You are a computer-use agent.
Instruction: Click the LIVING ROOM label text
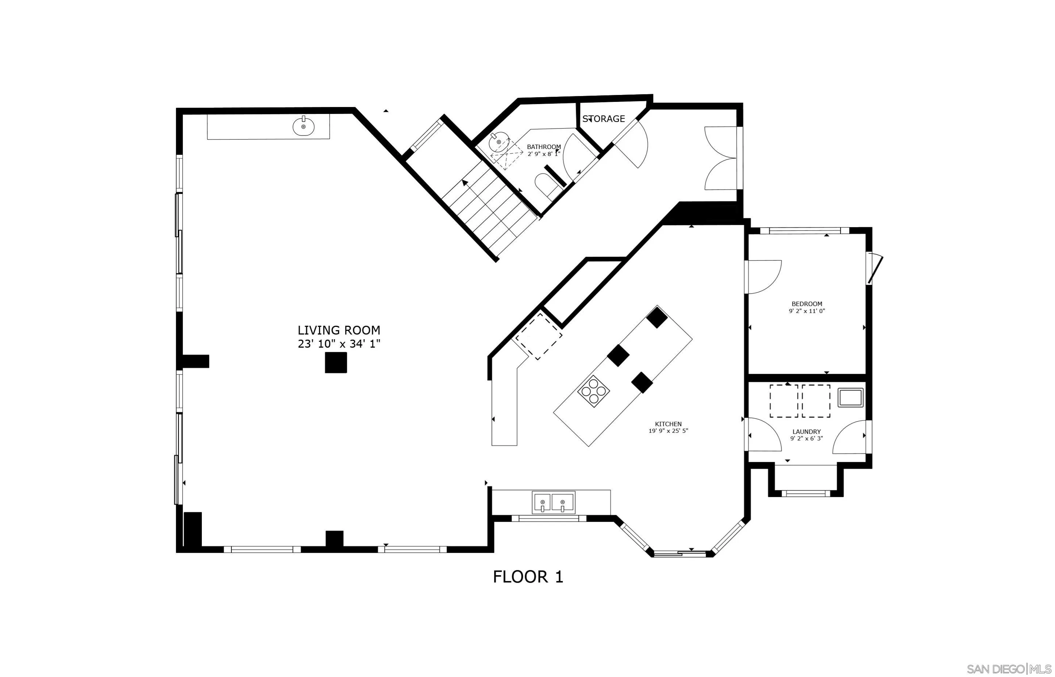click(x=339, y=330)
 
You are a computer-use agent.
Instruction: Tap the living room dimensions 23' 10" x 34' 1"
click(x=339, y=344)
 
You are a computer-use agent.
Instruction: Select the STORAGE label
click(x=604, y=119)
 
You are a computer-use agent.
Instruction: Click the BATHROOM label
click(x=544, y=147)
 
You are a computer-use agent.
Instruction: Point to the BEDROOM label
click(x=807, y=304)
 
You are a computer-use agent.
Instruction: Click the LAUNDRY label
click(x=806, y=432)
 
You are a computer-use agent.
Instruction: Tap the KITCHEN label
click(x=668, y=424)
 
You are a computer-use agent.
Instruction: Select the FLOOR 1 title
click(x=528, y=577)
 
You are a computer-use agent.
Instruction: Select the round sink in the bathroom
click(x=498, y=142)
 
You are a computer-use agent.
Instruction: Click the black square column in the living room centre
click(x=336, y=363)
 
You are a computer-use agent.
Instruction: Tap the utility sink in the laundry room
click(x=851, y=397)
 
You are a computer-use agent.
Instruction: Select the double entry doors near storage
click(x=721, y=158)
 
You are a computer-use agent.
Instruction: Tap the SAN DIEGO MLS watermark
click(x=1009, y=669)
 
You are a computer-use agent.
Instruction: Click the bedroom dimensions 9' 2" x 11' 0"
click(x=807, y=311)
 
